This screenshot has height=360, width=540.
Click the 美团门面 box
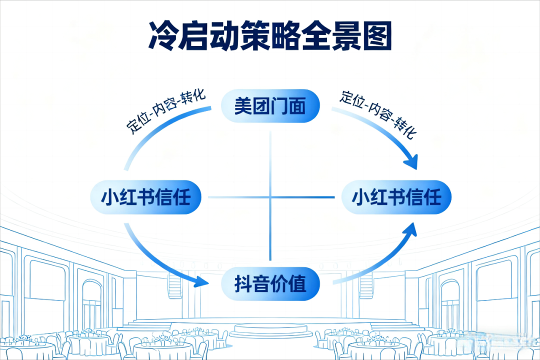[270, 106]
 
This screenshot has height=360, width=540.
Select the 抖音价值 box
[270, 284]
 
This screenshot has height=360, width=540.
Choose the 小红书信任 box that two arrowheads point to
[396, 197]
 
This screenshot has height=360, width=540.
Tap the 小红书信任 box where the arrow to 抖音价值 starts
[145, 197]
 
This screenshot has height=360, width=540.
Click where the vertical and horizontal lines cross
[270, 197]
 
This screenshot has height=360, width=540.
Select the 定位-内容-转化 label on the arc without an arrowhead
[165, 111]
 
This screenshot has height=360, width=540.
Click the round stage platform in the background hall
[270, 329]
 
